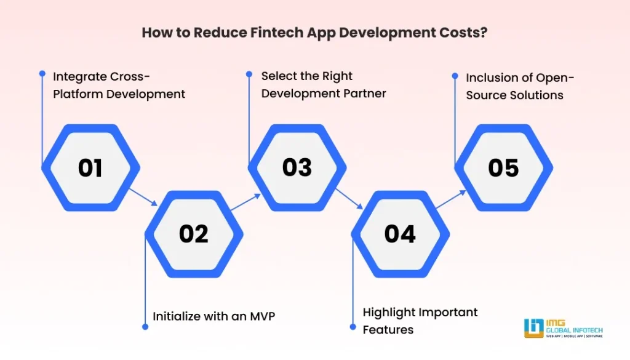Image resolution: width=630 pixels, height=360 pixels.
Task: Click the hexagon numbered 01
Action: [x=90, y=167]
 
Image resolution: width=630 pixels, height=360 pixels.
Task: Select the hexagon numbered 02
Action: [x=194, y=234]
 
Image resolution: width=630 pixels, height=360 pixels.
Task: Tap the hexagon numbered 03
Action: [x=297, y=167]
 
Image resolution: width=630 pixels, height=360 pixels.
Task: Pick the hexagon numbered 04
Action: [x=400, y=234]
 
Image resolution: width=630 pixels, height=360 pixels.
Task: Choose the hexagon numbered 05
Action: [x=503, y=167]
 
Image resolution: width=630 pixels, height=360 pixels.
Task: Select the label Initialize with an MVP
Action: [x=213, y=316]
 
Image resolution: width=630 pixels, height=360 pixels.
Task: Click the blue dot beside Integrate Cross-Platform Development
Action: [x=42, y=73]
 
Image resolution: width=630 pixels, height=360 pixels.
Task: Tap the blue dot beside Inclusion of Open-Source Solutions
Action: [x=455, y=76]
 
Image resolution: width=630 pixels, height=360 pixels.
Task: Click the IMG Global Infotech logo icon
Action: [x=533, y=328]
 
